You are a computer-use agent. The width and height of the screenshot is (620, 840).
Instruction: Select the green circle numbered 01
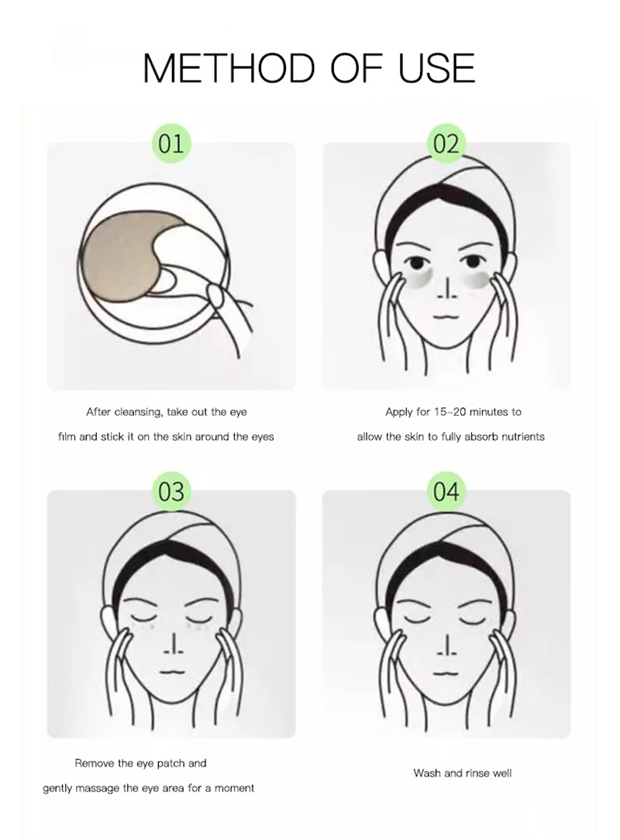pos(171,144)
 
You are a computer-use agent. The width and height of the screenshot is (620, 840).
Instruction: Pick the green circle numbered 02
pos(446,144)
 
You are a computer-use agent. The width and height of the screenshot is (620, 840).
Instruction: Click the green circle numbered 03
pos(171,491)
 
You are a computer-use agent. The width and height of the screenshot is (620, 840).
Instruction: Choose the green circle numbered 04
pos(446,491)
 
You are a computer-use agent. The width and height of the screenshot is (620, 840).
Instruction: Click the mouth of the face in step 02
pos(446,316)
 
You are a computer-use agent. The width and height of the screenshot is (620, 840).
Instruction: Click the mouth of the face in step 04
pos(446,671)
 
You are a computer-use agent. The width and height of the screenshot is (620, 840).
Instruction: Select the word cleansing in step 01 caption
pos(137,412)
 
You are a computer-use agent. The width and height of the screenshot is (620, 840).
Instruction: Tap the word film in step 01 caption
pos(67,436)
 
